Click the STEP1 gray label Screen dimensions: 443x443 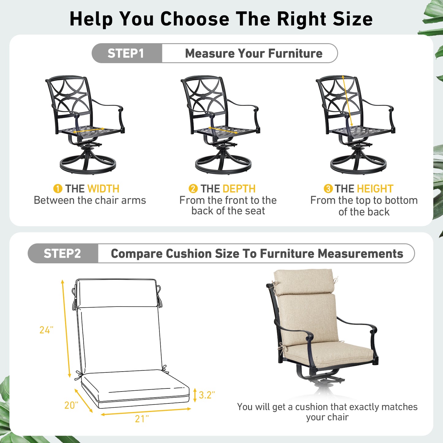[x=126, y=53]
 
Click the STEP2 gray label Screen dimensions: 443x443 [x=62, y=254]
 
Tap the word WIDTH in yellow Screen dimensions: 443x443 [x=103, y=189]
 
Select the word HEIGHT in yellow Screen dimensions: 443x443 [x=375, y=189]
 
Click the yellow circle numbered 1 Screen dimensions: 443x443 [x=58, y=189]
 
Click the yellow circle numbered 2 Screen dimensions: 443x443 [x=193, y=189]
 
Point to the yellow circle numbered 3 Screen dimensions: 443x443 [x=328, y=189]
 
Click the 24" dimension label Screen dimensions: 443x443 [x=46, y=330]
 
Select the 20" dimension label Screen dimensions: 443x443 [x=71, y=405]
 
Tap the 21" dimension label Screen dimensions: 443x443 [x=142, y=419]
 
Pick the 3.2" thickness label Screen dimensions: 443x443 [x=207, y=395]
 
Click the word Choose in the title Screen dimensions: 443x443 [x=195, y=19]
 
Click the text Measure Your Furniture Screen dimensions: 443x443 [x=254, y=53]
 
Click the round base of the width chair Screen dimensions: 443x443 [x=88, y=166]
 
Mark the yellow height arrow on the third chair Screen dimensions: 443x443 [x=347, y=101]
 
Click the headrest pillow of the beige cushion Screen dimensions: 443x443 [x=304, y=281]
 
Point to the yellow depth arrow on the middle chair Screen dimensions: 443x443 [x=223, y=130]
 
